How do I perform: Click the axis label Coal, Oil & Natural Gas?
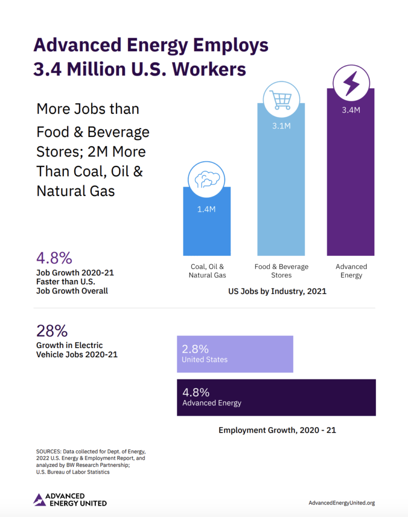coord(207,271)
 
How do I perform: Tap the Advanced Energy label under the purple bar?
coord(351,271)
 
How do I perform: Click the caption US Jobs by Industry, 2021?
coord(278,292)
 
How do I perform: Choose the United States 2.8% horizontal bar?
coord(235,354)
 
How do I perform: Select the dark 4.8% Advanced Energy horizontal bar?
coord(276,397)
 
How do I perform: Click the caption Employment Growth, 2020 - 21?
coord(277,430)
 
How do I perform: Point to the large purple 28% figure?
coord(52,331)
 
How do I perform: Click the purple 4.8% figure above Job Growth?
coord(54,257)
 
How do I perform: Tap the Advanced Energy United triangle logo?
coord(39,499)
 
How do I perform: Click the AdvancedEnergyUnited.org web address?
coord(341,503)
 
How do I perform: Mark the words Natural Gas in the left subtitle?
coord(76,191)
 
